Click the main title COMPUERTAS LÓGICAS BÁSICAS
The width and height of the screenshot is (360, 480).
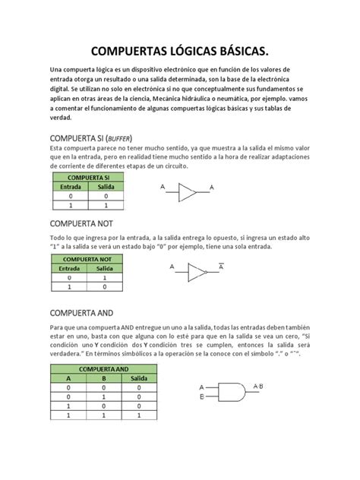point(180,52)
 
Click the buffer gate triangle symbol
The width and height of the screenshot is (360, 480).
point(188,192)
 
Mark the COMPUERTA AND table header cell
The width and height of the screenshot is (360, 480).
point(103,368)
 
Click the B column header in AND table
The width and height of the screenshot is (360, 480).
point(104,377)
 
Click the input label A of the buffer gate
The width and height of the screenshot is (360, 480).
point(162,186)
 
